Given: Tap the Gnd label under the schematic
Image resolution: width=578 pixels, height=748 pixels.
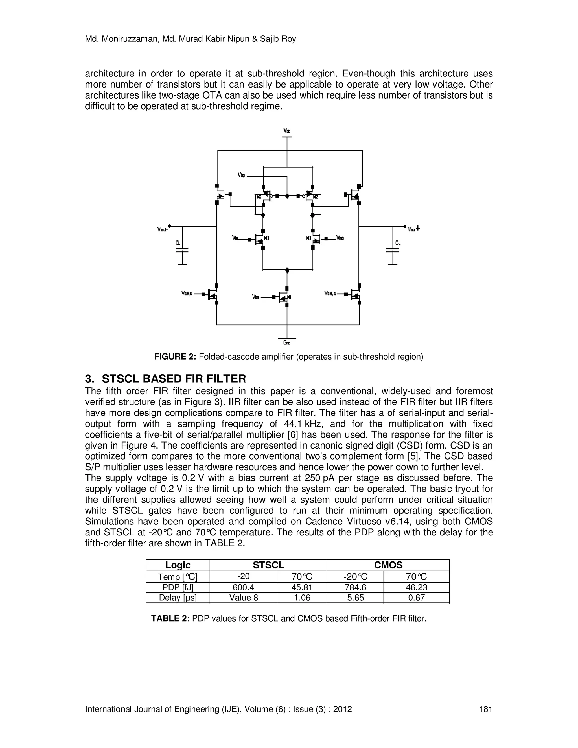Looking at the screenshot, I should coord(287,342).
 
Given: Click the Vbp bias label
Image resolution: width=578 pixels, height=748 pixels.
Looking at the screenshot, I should coord(241,175).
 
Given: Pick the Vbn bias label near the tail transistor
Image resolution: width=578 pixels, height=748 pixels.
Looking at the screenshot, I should coord(255,297).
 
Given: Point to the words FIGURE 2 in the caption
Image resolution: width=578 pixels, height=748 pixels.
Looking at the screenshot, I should coord(175,357).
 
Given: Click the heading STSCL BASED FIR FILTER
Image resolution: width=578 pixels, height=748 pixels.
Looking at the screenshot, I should coord(174,379).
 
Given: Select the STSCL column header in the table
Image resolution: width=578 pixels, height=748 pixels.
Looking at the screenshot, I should coord(268,565).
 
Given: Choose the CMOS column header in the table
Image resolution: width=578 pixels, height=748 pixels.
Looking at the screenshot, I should coord(388,565).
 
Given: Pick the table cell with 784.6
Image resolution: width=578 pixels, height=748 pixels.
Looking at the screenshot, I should coord(355,587).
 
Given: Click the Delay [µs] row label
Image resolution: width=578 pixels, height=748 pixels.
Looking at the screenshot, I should coord(178,598).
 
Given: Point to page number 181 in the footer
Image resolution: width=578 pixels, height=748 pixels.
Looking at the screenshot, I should coord(485,709).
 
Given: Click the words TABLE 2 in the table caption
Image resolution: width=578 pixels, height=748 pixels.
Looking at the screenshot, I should coord(170,618).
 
